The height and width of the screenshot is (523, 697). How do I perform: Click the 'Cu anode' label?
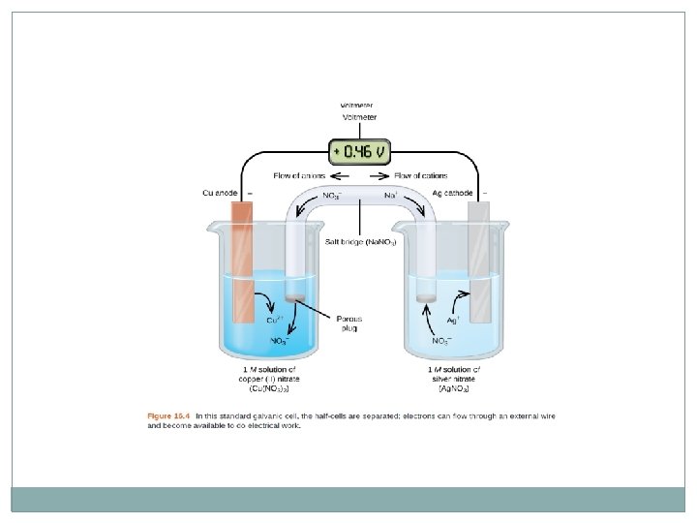tap(220, 193)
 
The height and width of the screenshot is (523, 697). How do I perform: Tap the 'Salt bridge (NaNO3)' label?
tap(361, 241)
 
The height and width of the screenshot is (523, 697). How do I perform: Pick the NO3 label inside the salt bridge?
tap(331, 196)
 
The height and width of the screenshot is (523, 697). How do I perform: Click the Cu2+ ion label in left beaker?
tap(275, 320)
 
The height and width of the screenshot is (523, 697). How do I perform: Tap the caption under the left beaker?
tap(270, 379)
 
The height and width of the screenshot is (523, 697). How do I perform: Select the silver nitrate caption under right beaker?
tap(454, 379)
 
